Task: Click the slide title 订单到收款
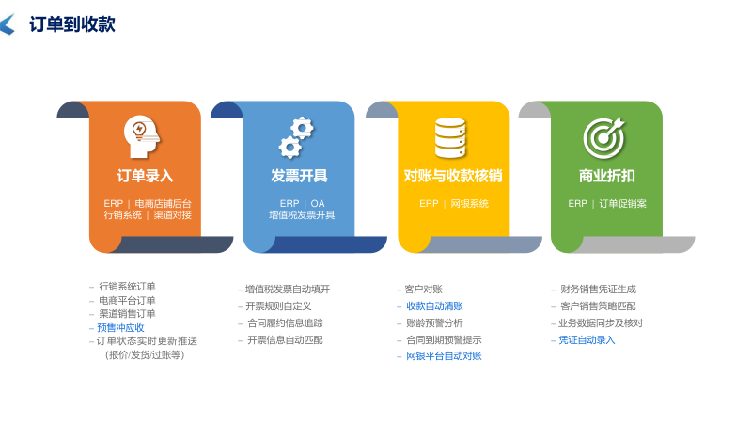[x=72, y=24]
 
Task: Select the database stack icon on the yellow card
[x=449, y=137]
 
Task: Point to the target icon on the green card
[x=603, y=137]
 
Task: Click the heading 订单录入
[x=145, y=176]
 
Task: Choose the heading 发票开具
[x=299, y=176]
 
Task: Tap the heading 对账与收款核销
[x=453, y=176]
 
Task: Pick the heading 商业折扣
[x=606, y=176]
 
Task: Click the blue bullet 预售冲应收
[x=120, y=328]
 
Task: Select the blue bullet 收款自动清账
[x=434, y=306]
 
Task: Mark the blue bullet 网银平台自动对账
[x=444, y=356]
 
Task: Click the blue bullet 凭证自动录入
[x=587, y=340]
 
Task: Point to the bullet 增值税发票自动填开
[x=288, y=290]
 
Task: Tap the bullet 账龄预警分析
[x=434, y=323]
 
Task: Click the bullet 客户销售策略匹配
[x=598, y=306]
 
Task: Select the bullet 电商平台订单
[x=127, y=300]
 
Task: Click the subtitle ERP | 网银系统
[x=453, y=203]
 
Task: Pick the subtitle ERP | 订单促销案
[x=607, y=203]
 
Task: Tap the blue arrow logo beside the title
[x=8, y=25]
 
